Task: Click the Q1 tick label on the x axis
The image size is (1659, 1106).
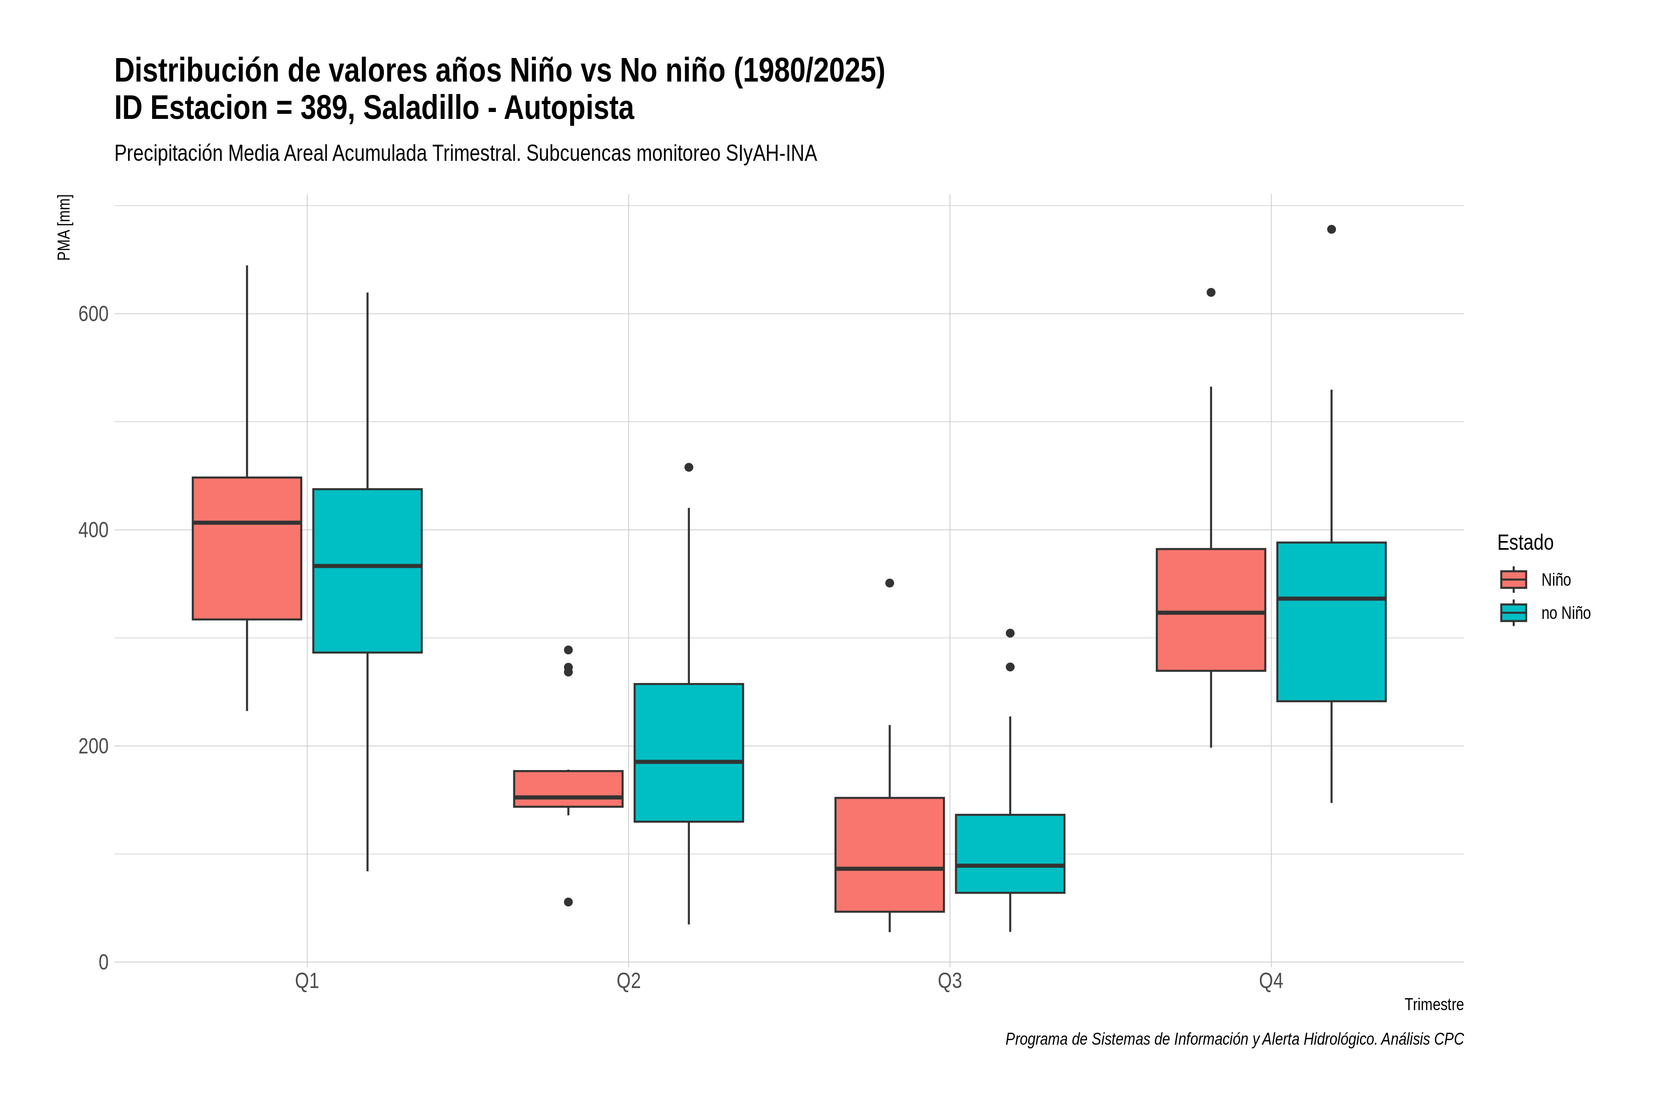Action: (x=307, y=981)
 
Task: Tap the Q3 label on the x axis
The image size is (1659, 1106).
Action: (x=949, y=981)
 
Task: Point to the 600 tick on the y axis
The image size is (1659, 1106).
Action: (x=93, y=314)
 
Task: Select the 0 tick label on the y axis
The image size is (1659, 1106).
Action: (x=103, y=962)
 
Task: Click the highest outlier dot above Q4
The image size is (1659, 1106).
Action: (x=1331, y=229)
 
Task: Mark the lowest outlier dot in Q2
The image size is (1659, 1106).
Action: (x=569, y=902)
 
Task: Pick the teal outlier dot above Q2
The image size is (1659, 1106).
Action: (x=688, y=468)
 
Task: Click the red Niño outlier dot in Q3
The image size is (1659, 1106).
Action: (x=889, y=583)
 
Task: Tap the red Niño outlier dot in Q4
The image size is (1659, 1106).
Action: (x=1211, y=293)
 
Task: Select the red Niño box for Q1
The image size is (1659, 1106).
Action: (x=247, y=549)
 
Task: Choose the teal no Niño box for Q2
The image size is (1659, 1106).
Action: (x=688, y=753)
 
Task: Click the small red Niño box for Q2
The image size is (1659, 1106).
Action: (x=569, y=788)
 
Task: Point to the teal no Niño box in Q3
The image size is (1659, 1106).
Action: (x=1010, y=853)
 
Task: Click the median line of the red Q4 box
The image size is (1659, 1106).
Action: (x=1211, y=613)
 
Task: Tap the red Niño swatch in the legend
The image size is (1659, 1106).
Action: (x=1514, y=580)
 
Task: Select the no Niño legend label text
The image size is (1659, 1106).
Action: (x=1566, y=613)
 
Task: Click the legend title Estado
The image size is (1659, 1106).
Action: (x=1525, y=542)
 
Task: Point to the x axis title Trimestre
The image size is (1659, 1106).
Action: (x=1434, y=1005)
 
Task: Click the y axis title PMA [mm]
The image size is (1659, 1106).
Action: (x=64, y=227)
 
